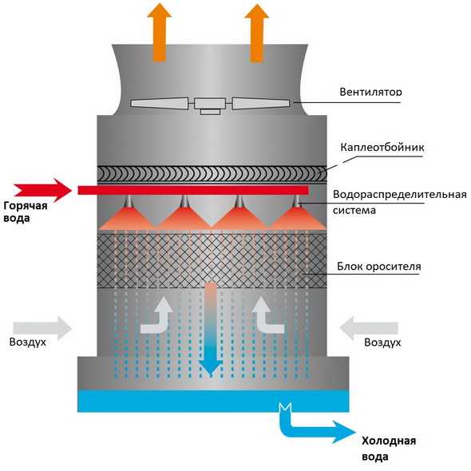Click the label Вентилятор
click(370, 92)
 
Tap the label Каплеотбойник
click(382, 147)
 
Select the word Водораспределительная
click(399, 195)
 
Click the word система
click(354, 210)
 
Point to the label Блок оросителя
click(378, 267)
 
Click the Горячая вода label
click(26, 212)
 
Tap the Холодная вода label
click(389, 449)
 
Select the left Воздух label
click(28, 342)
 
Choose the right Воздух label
click(382, 342)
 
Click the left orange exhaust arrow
click(160, 33)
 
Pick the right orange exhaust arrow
click(256, 33)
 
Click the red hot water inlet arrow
click(42, 190)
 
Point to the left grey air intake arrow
click(42, 328)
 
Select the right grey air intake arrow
click(369, 328)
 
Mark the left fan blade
click(160, 103)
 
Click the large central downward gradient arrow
click(211, 330)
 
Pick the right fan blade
click(261, 103)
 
